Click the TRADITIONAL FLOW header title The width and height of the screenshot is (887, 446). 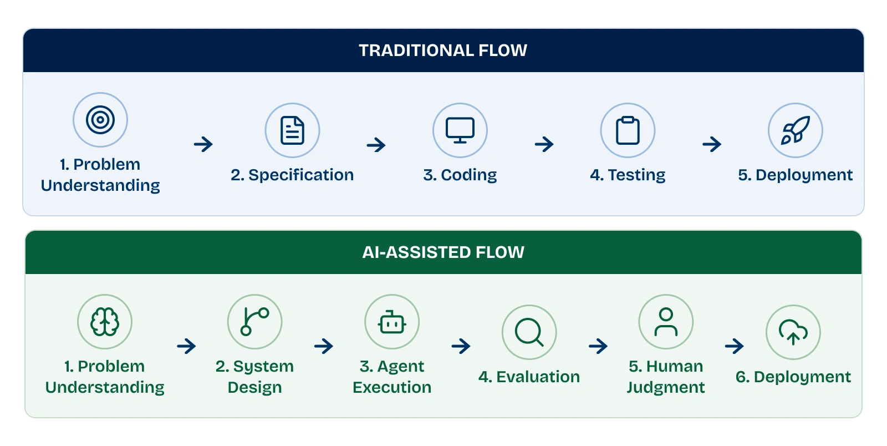[443, 50]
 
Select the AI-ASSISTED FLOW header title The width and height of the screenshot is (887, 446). [443, 252]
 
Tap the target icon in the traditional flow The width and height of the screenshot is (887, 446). [100, 120]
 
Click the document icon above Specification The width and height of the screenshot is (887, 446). [292, 130]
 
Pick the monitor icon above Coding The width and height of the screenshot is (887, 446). [460, 130]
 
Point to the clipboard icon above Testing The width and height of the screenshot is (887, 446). [628, 130]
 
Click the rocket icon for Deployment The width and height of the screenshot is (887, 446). [795, 130]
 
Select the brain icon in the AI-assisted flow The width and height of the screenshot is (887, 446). [105, 322]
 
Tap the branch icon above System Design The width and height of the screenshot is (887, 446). [254, 322]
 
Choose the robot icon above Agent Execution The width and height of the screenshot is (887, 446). [392, 322]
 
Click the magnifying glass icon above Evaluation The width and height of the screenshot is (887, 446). [529, 332]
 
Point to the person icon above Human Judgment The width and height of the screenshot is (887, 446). [666, 322]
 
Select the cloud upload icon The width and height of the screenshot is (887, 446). [793, 332]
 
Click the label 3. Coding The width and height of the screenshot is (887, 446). [460, 175]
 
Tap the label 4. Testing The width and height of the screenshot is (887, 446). [628, 175]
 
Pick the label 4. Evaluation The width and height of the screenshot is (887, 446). [529, 377]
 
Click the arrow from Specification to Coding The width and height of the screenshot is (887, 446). [376, 145]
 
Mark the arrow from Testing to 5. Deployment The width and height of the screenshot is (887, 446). [712, 144]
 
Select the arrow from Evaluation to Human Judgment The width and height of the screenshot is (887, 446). [598, 346]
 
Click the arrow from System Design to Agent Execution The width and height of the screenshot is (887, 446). [324, 346]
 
